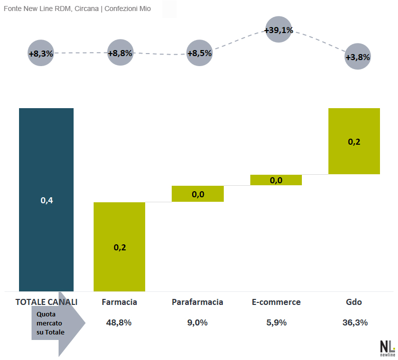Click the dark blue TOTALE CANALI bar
(x=46, y=200)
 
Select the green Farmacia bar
(x=119, y=247)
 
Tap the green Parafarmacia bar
(x=198, y=194)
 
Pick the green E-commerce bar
(x=276, y=180)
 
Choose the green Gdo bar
(x=354, y=141)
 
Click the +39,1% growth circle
(x=279, y=30)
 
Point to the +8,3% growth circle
(x=41, y=53)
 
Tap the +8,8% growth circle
(x=120, y=52)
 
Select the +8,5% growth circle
(x=200, y=53)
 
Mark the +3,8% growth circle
(x=357, y=57)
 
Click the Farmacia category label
(x=119, y=302)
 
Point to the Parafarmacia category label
(x=197, y=302)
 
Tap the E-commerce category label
(x=276, y=302)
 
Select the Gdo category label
(x=354, y=302)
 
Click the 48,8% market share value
(x=119, y=322)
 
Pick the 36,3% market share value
(x=355, y=322)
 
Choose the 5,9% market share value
(x=276, y=322)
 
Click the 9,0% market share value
(x=197, y=322)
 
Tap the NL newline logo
(x=387, y=348)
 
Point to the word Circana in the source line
(x=87, y=9)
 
